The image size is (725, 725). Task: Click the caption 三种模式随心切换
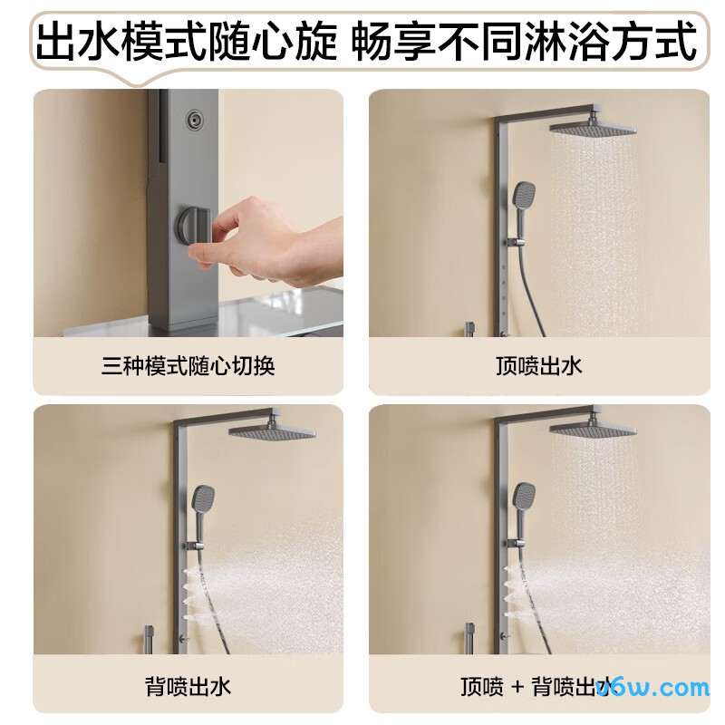(x=188, y=366)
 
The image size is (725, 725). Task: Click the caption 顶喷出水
(x=538, y=366)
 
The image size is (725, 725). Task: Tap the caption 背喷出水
(x=188, y=686)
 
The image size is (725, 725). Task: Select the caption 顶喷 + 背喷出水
(x=538, y=686)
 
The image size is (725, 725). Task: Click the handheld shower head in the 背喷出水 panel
(x=201, y=498)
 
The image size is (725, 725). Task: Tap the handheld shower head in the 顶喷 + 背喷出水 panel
(x=524, y=497)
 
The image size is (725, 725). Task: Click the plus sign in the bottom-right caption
(x=518, y=686)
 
